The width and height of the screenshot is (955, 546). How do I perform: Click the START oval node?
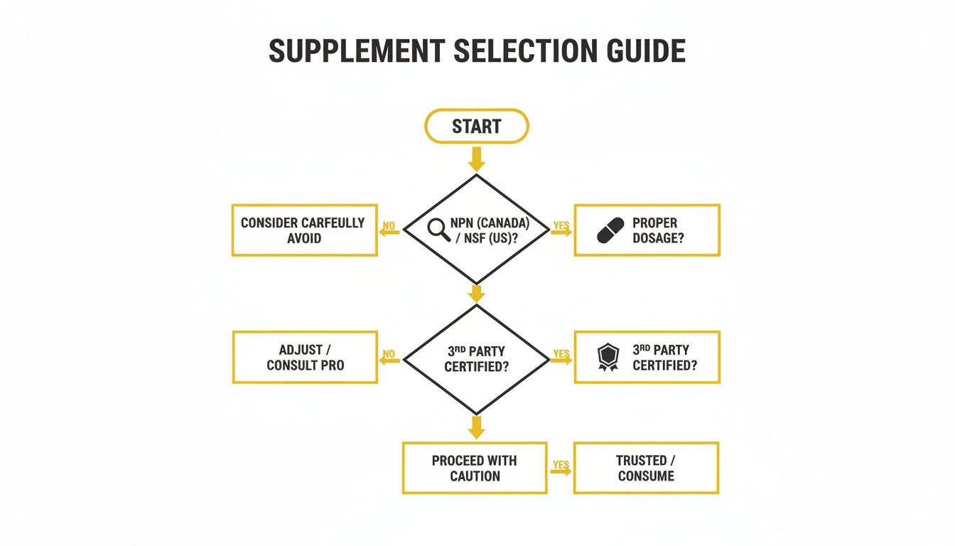click(476, 127)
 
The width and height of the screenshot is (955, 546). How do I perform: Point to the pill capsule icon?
click(610, 230)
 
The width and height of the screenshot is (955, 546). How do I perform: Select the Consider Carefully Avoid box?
click(304, 230)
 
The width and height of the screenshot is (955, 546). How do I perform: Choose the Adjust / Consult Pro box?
click(304, 358)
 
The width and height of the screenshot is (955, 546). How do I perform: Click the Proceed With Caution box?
click(475, 468)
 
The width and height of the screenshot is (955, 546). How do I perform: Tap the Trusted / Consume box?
click(646, 468)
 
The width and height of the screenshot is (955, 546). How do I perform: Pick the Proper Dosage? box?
click(647, 230)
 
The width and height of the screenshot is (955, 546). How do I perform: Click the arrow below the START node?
click(476, 159)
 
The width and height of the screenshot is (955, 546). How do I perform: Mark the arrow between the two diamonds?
click(476, 293)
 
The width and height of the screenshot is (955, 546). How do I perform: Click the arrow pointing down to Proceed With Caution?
click(476, 427)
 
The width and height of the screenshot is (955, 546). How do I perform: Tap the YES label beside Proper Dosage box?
click(561, 226)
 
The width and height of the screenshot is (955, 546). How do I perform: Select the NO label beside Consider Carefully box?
click(389, 226)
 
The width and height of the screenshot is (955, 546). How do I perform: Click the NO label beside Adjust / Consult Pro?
click(389, 353)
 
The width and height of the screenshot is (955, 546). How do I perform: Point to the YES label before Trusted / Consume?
click(561, 465)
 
